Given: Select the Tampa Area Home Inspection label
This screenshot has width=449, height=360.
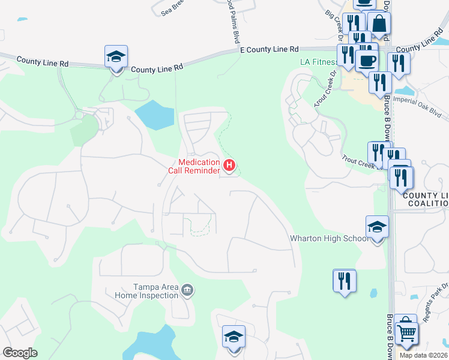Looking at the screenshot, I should (148, 292).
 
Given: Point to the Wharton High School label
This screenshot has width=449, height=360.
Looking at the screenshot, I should (330, 238).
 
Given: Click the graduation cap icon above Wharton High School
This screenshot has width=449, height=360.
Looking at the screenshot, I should (378, 227).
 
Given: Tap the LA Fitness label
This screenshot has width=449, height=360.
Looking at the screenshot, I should (318, 62).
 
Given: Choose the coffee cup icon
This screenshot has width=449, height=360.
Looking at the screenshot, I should (367, 60).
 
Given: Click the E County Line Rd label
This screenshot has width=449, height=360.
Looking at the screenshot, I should (269, 50).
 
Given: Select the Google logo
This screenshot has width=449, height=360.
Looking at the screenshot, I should (20, 353).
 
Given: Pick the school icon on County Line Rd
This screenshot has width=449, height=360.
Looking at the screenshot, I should (116, 57).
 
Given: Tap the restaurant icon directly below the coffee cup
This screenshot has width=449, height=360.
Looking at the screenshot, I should (380, 82).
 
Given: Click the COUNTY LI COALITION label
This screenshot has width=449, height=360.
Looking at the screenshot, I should (426, 199).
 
